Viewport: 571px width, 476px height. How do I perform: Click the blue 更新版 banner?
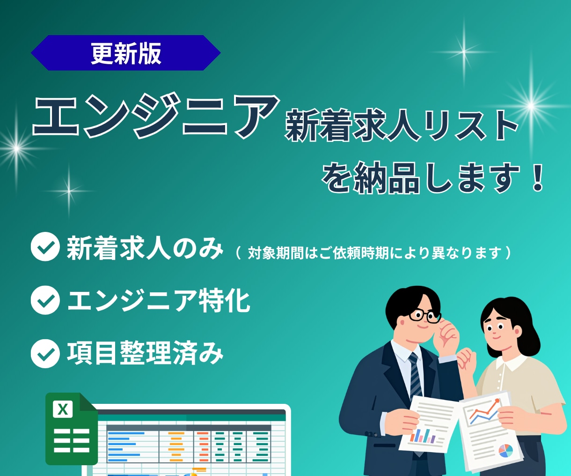pyautogui.click(x=125, y=53)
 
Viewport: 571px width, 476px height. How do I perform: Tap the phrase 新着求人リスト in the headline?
pyautogui.click(x=402, y=126)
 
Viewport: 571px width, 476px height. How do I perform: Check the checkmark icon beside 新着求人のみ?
pyautogui.click(x=45, y=247)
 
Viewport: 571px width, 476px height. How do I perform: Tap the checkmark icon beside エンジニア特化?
pyautogui.click(x=45, y=300)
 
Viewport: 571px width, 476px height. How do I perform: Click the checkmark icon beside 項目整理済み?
pyautogui.click(x=45, y=353)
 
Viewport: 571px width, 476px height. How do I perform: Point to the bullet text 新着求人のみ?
pyautogui.click(x=145, y=248)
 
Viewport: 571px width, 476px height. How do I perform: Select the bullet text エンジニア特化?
pyautogui.click(x=159, y=301)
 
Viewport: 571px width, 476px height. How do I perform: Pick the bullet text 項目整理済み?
pyautogui.click(x=145, y=353)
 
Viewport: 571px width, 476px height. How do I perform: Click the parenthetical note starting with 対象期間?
pyautogui.click(x=374, y=253)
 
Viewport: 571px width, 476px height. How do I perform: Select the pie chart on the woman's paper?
pyautogui.click(x=505, y=451)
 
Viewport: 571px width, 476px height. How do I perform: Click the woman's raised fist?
pyautogui.click(x=466, y=358)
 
